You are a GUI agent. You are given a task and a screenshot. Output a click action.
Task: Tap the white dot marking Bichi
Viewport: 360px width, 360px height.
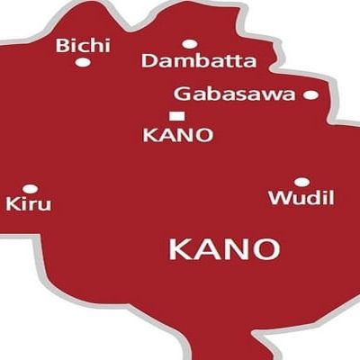click(x=82, y=63)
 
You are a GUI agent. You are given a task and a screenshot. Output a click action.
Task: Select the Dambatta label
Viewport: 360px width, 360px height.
click(x=199, y=61)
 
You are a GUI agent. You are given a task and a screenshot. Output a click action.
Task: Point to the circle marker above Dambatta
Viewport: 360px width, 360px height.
click(x=189, y=43)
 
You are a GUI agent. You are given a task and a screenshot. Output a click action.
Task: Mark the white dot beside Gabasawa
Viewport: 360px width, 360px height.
click(x=310, y=94)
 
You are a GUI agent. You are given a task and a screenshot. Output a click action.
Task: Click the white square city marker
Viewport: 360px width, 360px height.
click(x=176, y=115)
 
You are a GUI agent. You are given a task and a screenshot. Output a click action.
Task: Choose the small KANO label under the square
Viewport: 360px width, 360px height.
click(x=179, y=136)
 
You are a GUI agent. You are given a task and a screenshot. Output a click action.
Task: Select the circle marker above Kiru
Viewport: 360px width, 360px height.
click(x=30, y=189)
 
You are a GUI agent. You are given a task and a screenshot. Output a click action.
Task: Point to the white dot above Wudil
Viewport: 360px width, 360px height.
click(x=301, y=182)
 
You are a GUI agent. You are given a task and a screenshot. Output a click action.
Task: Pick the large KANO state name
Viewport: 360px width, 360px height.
click(x=224, y=248)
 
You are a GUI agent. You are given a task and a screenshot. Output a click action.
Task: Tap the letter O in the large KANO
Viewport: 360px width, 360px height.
click(x=267, y=248)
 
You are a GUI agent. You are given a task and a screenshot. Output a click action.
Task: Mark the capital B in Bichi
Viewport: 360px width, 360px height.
click(x=61, y=45)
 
